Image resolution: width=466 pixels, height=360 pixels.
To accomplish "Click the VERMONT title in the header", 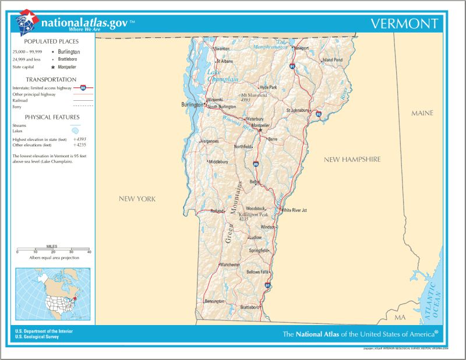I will click(404, 24).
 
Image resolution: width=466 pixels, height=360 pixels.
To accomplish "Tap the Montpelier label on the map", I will click(260, 125).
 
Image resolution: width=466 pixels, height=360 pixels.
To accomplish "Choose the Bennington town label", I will click(215, 301).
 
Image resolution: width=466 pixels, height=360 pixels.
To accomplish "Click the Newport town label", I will click(301, 48).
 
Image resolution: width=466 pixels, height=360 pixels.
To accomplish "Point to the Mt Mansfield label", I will click(254, 94).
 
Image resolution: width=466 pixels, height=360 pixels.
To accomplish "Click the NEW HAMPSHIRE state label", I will click(352, 159).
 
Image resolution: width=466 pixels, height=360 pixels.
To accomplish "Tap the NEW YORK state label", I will click(137, 199).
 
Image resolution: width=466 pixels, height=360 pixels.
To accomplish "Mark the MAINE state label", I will click(422, 112).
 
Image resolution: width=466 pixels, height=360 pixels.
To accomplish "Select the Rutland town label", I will click(217, 211).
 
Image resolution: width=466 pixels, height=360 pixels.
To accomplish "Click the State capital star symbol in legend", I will click(52, 67).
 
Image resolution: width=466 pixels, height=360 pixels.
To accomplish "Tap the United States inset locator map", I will click(52, 295).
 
